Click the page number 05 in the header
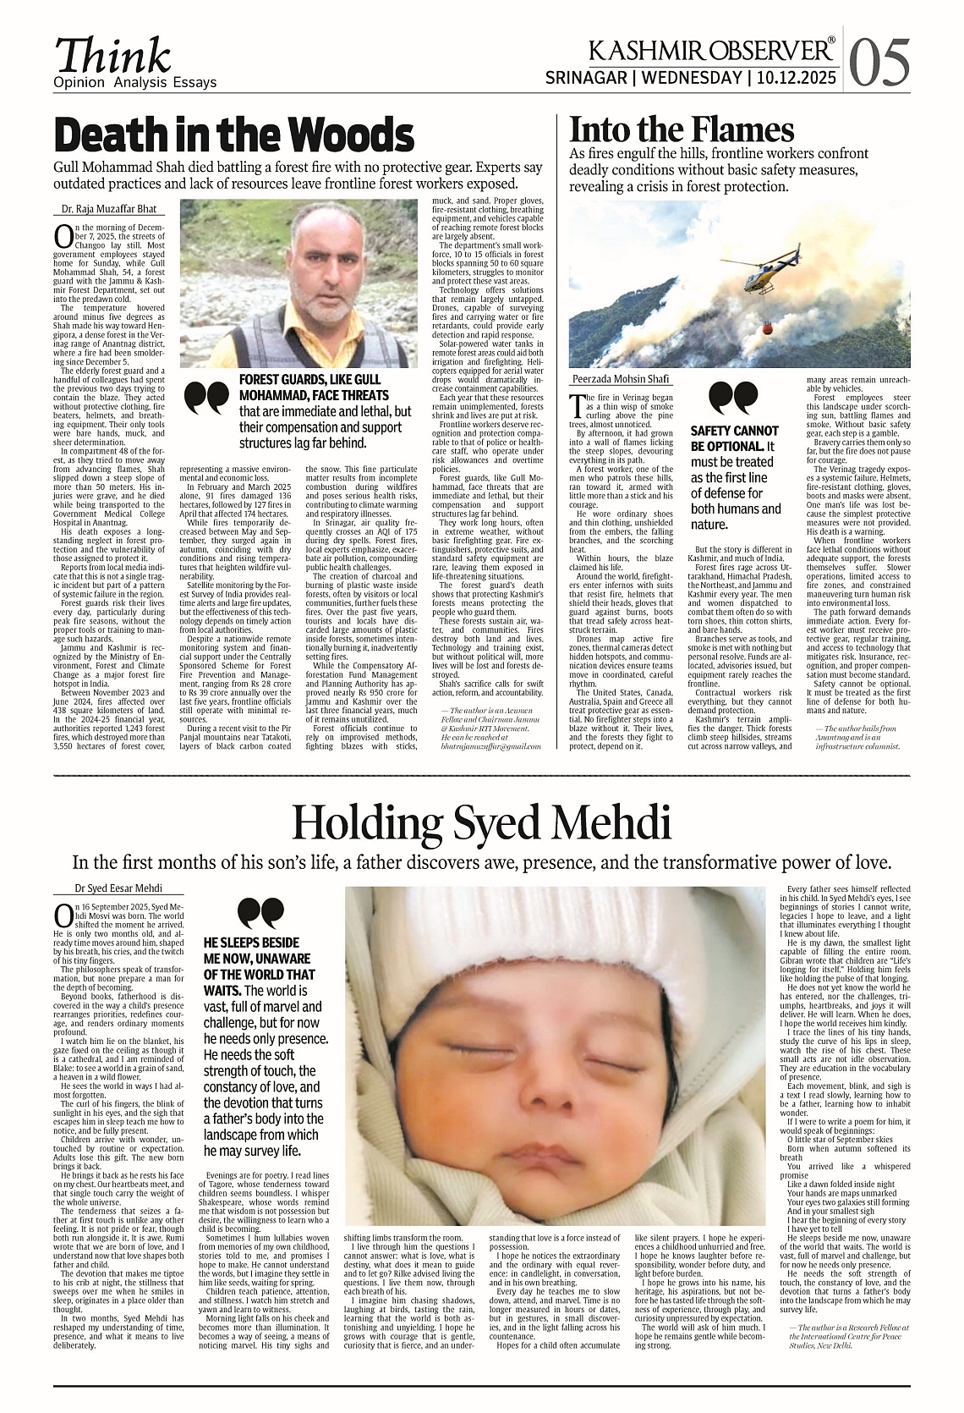point(880,62)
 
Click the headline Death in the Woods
point(233,135)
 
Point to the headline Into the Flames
point(682,130)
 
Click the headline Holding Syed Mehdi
point(481,822)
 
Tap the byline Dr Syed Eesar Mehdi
point(107,888)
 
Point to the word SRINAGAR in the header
point(586,79)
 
